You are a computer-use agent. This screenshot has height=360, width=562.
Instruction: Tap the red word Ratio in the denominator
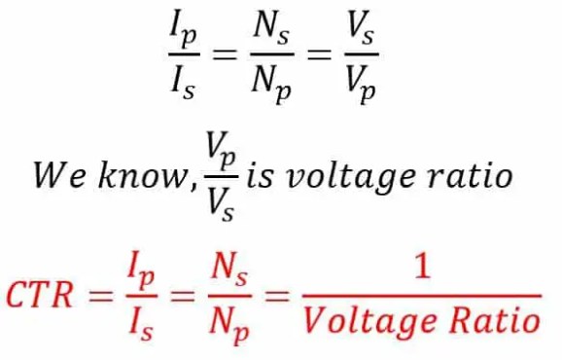pos(497,319)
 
